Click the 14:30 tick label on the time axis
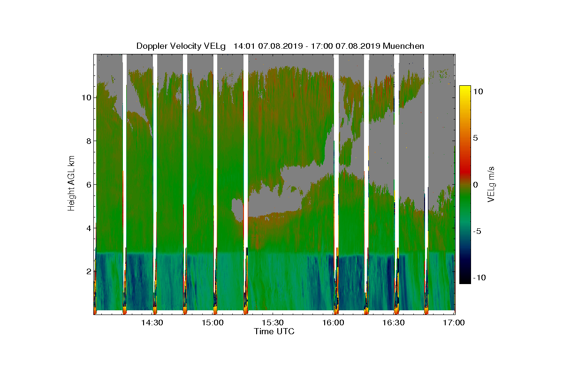coord(152,322)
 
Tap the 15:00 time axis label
coord(213,322)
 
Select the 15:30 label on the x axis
coord(273,322)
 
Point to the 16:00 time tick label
coord(334,322)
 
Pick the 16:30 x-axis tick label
coord(394,322)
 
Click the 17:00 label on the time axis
coord(454,322)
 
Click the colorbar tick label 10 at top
coord(479,92)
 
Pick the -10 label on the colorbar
coord(479,277)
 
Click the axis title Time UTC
coord(274,331)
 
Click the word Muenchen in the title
coord(403,46)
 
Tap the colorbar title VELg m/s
coord(492,184)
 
